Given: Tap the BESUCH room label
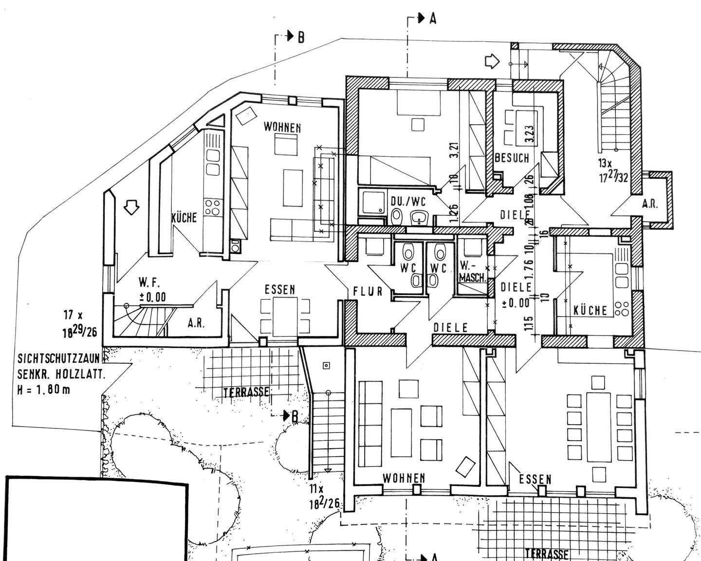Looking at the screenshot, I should [x=511, y=158].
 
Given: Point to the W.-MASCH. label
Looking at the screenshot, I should [x=473, y=272].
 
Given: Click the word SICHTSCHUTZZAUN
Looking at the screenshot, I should [x=58, y=359].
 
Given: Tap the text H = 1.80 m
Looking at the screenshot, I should [x=44, y=390].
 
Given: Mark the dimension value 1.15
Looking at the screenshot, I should [x=530, y=325].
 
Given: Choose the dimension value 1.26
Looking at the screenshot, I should [x=454, y=212].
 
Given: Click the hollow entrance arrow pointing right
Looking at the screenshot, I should [x=493, y=61].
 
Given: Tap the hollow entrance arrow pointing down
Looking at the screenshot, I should [x=131, y=207].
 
